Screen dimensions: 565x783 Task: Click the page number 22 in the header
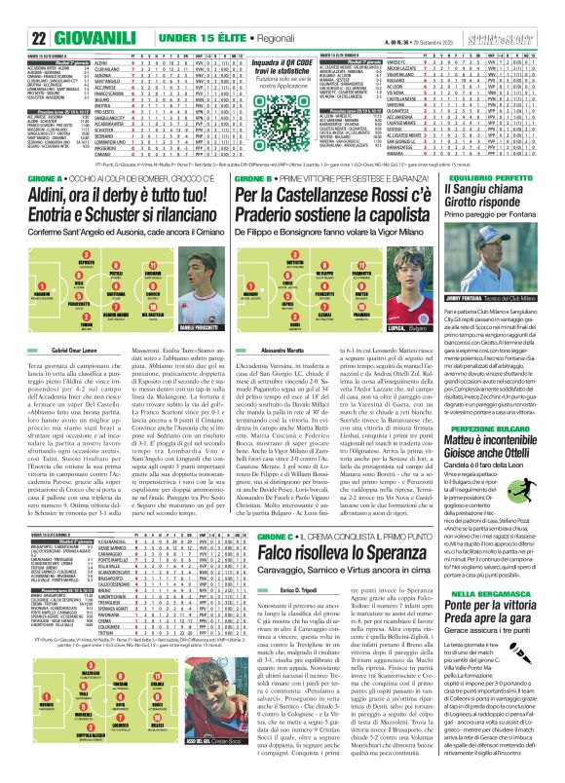click(x=14, y=13)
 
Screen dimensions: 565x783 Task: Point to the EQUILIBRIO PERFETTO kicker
click(x=506, y=165)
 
